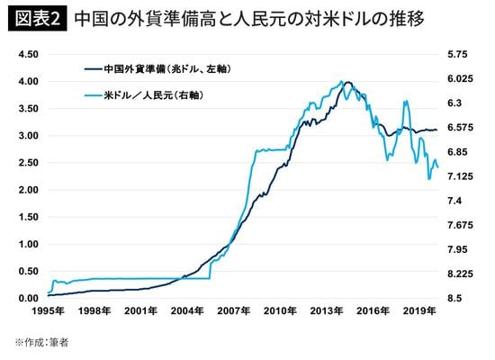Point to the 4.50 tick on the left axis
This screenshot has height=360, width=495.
(29, 54)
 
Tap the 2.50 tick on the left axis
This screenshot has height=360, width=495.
(29, 163)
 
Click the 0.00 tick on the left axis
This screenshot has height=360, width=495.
(29, 299)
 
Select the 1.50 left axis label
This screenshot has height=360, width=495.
(29, 217)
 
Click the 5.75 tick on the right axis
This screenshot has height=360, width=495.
(459, 54)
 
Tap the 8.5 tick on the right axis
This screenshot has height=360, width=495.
(455, 299)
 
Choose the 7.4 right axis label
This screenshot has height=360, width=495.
(455, 201)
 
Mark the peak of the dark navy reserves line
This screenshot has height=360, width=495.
(348, 82)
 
